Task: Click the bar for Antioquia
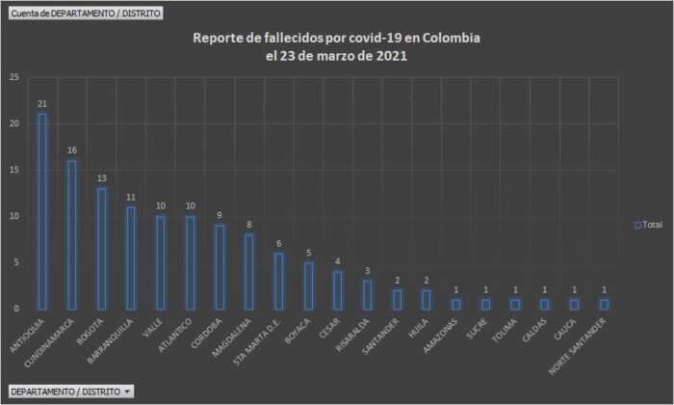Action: tap(42, 211)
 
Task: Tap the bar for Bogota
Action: tap(101, 248)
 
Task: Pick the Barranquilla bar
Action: tap(131, 257)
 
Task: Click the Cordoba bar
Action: tap(220, 267)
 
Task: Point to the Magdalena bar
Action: tap(249, 271)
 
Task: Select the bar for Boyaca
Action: tap(308, 285)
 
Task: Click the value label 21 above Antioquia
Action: tap(42, 104)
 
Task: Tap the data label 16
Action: tap(71, 150)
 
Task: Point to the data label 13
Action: tap(101, 178)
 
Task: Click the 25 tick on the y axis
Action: tap(14, 77)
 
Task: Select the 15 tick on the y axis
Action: tap(14, 170)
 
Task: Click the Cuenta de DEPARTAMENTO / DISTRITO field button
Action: tap(85, 13)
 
